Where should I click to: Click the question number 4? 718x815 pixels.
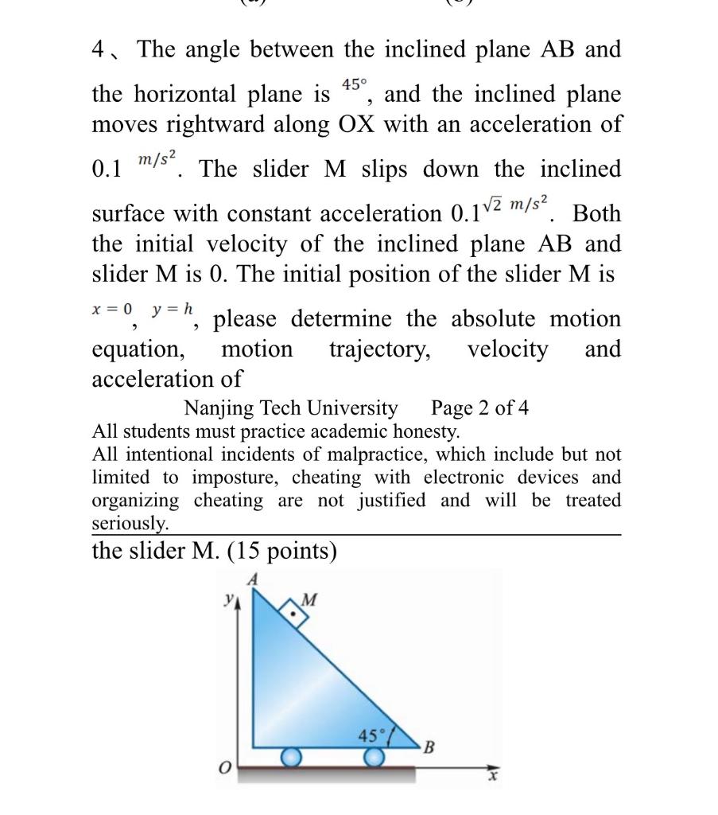point(99,50)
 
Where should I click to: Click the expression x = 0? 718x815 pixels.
point(114,308)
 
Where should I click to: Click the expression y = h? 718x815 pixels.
point(177,308)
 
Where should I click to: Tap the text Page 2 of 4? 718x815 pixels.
point(479,409)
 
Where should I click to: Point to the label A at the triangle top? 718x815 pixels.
point(253,581)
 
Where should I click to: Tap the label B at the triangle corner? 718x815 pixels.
point(429,748)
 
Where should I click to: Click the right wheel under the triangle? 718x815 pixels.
point(373,757)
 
